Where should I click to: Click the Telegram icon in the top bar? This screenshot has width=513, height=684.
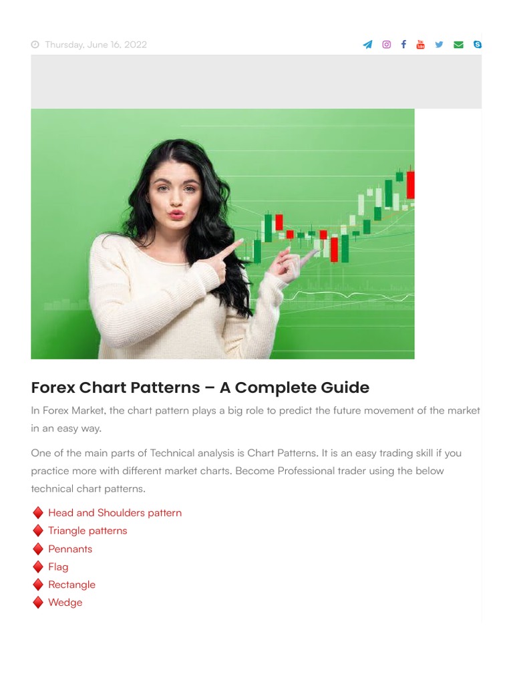tap(367, 45)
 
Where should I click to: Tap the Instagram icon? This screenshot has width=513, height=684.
tap(386, 45)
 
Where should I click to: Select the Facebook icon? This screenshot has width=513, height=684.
tap(403, 45)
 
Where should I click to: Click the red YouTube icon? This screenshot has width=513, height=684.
tap(420, 45)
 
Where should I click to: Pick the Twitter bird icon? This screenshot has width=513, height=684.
tap(439, 45)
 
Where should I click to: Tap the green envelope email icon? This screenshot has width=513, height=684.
tap(458, 45)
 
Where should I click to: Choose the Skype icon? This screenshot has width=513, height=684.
tap(477, 45)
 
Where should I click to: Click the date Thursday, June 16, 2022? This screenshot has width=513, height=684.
tap(96, 45)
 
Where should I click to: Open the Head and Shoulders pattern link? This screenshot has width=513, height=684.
tap(114, 513)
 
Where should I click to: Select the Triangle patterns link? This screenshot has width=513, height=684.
tap(88, 531)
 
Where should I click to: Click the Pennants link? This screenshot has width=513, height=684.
tap(70, 549)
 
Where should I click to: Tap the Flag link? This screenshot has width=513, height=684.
tap(58, 567)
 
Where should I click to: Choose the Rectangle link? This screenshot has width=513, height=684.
tap(71, 584)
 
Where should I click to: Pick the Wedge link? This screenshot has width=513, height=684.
tap(65, 603)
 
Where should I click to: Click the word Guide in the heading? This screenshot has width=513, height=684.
tap(343, 388)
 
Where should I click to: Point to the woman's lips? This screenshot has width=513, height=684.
tap(176, 214)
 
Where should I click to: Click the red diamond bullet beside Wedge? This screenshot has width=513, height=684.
tap(38, 603)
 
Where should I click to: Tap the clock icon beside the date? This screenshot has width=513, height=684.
tap(35, 45)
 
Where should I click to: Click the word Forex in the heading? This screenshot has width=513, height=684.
tap(53, 388)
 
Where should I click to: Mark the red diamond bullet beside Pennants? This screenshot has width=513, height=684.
tap(38, 549)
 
